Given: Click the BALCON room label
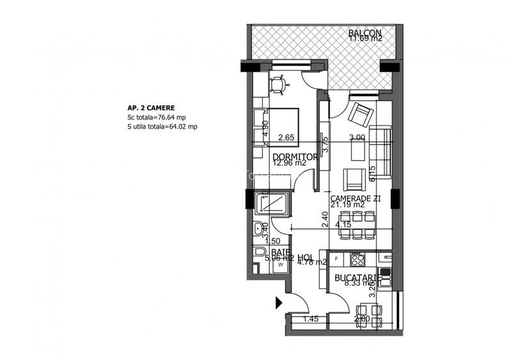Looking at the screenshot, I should coord(365,33).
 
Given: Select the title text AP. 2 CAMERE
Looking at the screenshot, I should coord(151,108).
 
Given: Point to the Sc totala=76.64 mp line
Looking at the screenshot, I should coord(157,118).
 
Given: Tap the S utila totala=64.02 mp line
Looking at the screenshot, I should coord(162,127).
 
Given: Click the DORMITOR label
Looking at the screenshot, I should coord(295,157).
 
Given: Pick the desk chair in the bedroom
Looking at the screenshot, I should coord(278,83).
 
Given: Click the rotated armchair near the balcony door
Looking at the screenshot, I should coord(360,115).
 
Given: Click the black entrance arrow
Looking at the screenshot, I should coord(279,302).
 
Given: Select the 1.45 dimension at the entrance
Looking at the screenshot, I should coord(309,318).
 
